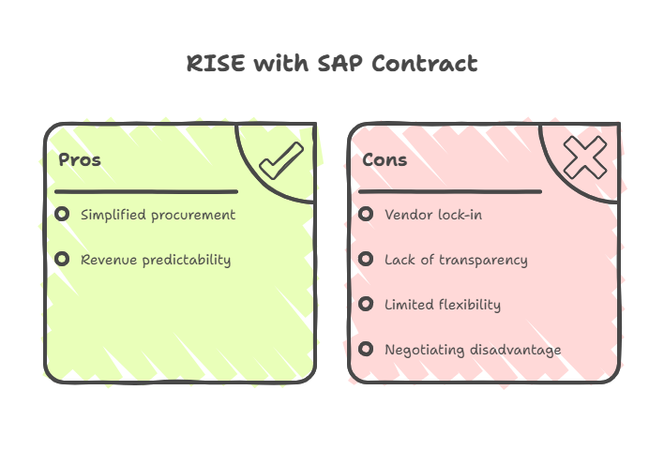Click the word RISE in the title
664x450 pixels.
[217, 64]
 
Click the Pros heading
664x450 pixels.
[80, 159]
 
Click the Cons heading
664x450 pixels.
[385, 159]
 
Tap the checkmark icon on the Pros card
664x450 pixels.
[279, 161]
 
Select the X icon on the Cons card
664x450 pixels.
[584, 157]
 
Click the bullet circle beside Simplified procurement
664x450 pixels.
[62, 214]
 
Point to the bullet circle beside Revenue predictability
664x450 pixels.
[62, 259]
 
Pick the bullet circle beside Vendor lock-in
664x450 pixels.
[366, 214]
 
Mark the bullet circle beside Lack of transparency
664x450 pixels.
[366, 259]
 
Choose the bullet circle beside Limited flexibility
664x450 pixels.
[366, 304]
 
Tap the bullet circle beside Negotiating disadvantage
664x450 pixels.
[366, 349]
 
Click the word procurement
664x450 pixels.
[192, 216]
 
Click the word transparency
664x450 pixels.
[482, 260]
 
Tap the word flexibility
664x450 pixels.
[468, 305]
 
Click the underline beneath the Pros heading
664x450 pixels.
[145, 191]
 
